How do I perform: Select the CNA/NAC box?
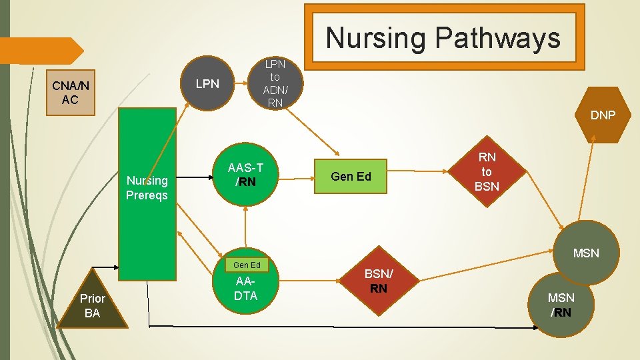click(x=71, y=93)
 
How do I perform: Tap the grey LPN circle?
click(x=207, y=84)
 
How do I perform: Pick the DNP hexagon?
click(x=602, y=115)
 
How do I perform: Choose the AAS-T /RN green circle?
click(x=246, y=175)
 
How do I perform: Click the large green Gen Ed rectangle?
click(x=351, y=177)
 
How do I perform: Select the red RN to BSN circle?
click(x=487, y=171)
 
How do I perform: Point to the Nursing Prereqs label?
click(x=147, y=188)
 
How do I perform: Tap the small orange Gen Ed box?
click(x=246, y=265)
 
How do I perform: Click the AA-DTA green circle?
click(x=245, y=288)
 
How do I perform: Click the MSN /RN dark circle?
click(x=561, y=304)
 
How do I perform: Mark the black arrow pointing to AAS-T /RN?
click(x=197, y=177)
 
